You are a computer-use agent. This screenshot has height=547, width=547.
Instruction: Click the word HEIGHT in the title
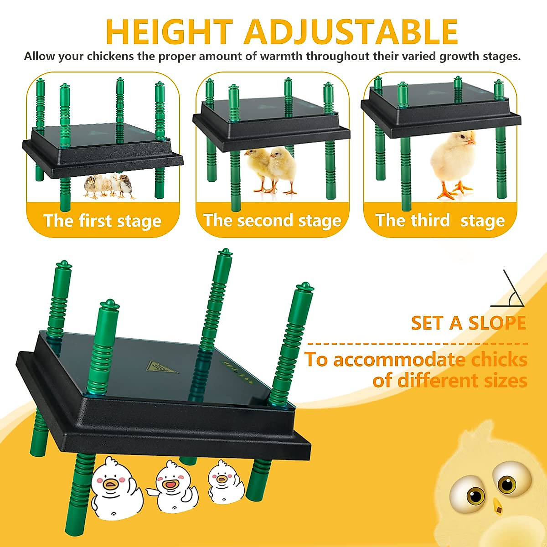pyautogui.click(x=169, y=32)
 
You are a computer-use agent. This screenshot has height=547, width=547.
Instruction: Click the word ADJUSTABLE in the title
pyautogui.click(x=351, y=32)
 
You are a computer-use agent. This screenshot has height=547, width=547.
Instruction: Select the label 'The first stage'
pyautogui.click(x=103, y=221)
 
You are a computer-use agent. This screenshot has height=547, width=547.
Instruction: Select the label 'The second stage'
pyautogui.click(x=272, y=221)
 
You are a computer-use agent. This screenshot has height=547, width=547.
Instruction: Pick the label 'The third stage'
pyautogui.click(x=440, y=221)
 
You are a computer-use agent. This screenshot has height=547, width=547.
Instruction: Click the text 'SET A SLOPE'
pyautogui.click(x=468, y=323)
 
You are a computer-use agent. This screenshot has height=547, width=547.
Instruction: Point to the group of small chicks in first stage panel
pyautogui.click(x=110, y=186)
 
